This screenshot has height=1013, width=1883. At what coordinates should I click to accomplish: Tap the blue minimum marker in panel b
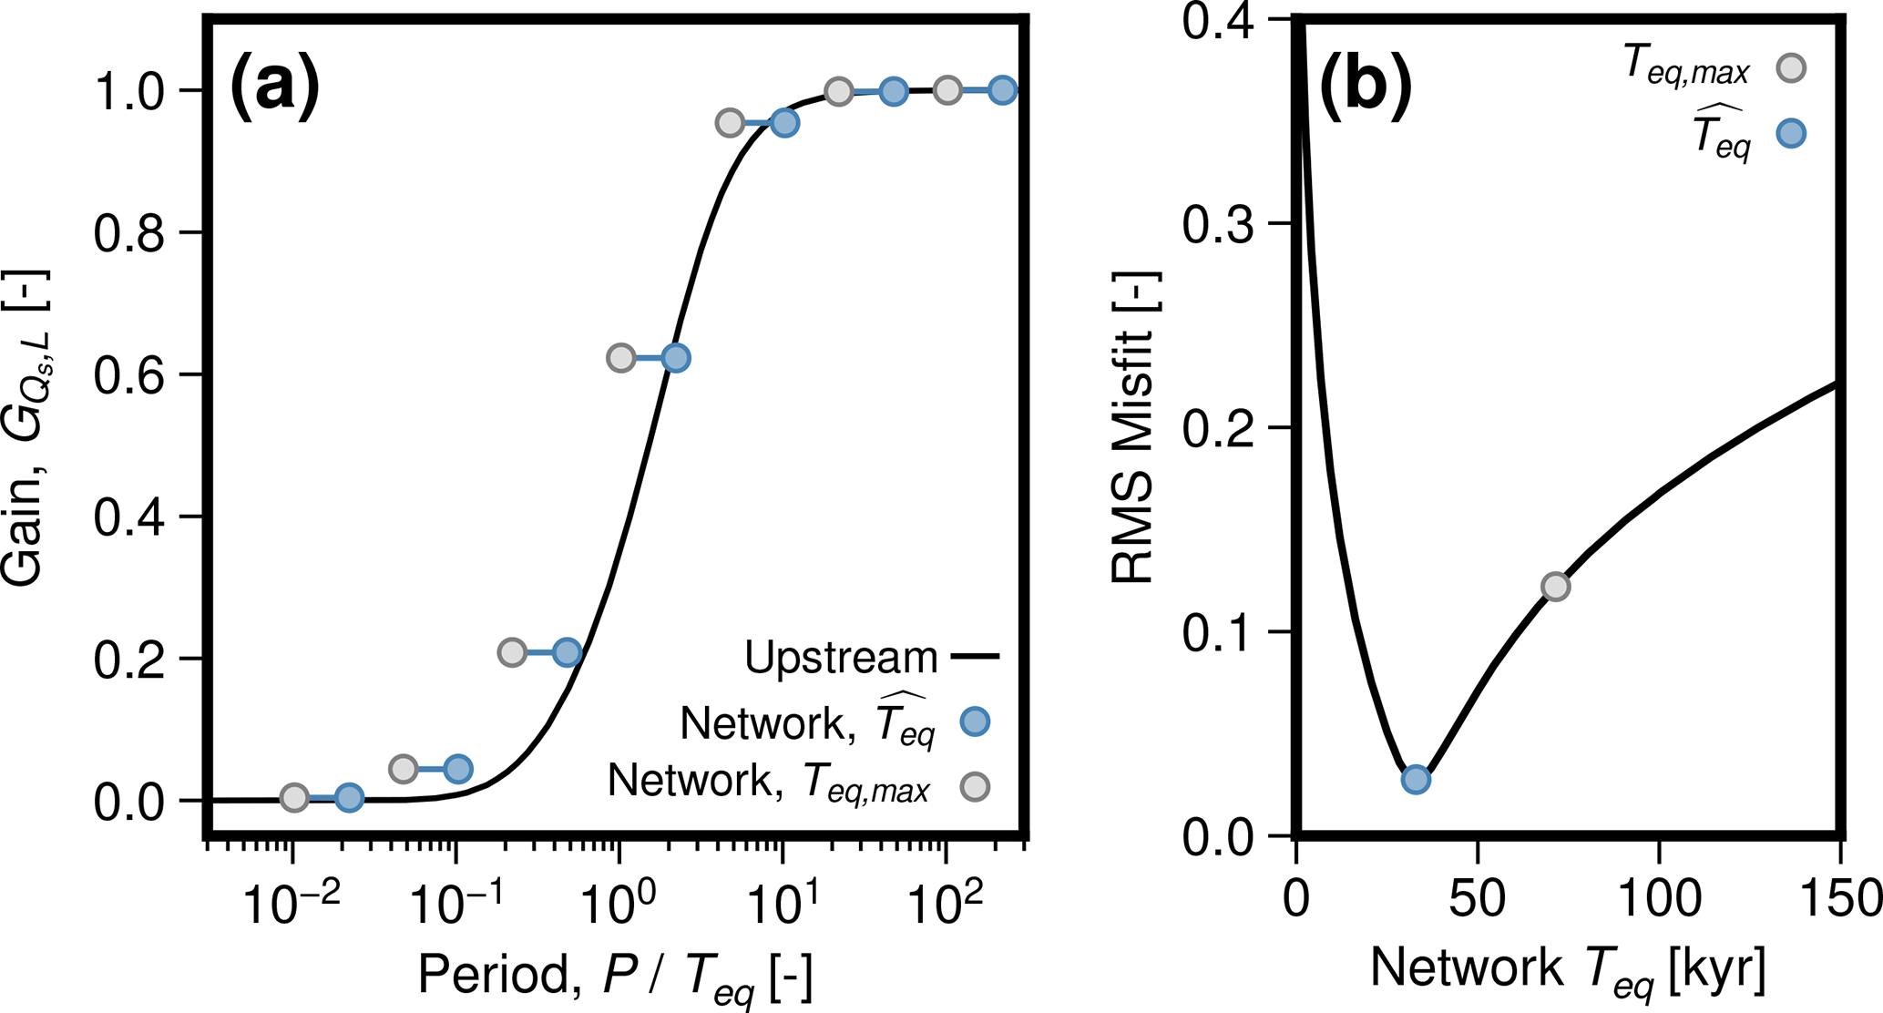click(x=1415, y=779)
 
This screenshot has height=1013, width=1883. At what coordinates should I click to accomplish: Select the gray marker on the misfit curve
click(x=1555, y=587)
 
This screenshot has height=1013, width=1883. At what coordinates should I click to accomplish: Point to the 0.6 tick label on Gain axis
click(x=129, y=375)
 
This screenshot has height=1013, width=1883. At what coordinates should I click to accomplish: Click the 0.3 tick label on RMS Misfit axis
click(x=1218, y=224)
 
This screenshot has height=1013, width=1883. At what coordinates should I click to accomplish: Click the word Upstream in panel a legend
click(x=840, y=657)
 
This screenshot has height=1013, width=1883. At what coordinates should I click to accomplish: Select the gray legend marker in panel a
click(x=975, y=786)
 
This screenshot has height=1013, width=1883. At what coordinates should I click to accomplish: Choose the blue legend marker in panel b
click(x=1791, y=134)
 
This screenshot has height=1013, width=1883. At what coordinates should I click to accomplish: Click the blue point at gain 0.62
click(x=675, y=358)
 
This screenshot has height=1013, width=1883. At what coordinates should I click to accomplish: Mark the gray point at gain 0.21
click(x=512, y=652)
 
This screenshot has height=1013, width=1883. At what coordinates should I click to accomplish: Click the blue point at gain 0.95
click(x=784, y=123)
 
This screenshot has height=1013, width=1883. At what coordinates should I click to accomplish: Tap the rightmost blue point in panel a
click(x=1002, y=90)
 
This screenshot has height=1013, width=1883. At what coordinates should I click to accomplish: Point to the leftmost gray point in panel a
click(x=293, y=798)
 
